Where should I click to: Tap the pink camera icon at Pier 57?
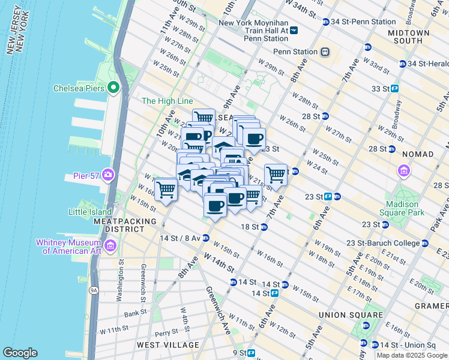click(x=108, y=175)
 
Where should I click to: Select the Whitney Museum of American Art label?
click(x=71, y=246)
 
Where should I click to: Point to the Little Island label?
click(x=90, y=212)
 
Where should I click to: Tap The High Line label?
click(x=167, y=101)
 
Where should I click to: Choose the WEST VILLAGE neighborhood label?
click(x=164, y=345)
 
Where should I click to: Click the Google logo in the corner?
click(x=20, y=353)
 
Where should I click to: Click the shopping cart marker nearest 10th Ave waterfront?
click(x=166, y=190)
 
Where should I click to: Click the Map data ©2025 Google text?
click(x=412, y=355)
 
